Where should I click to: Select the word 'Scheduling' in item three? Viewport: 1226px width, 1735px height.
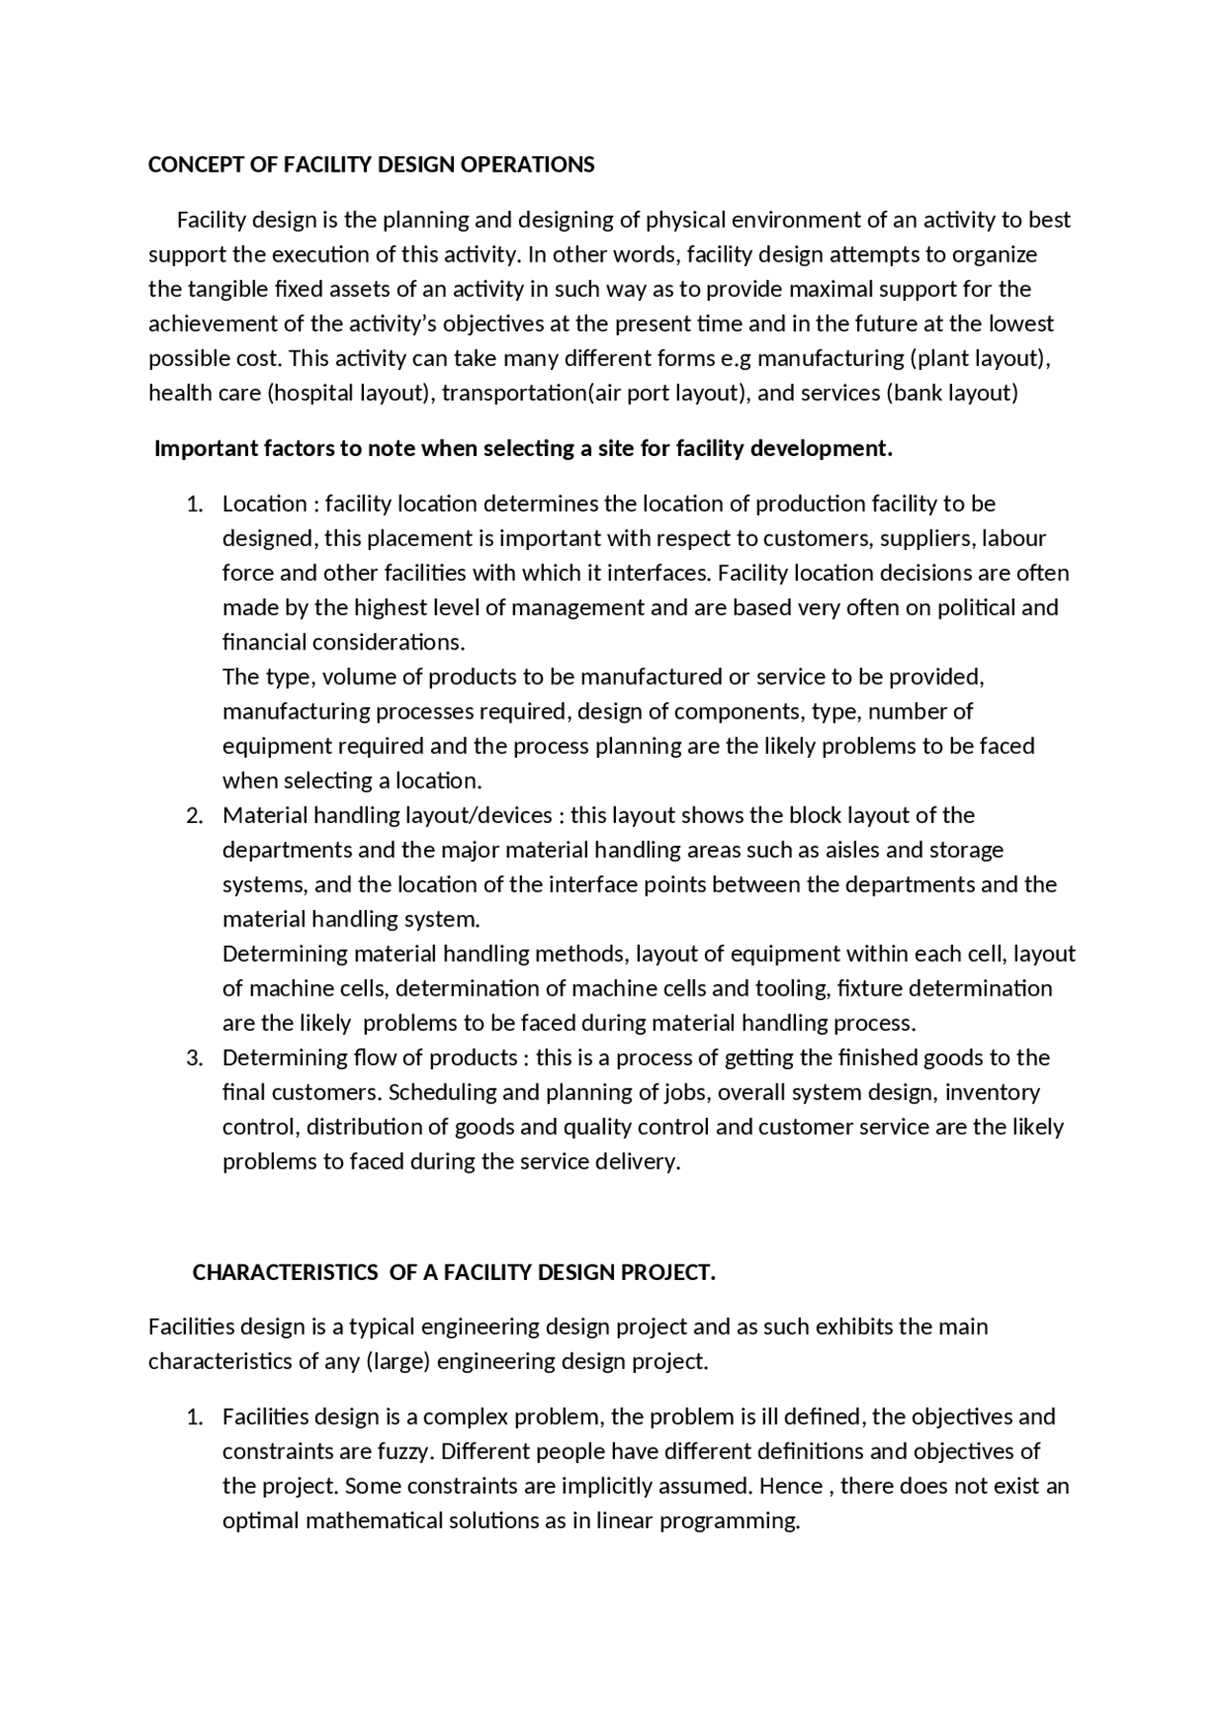click(441, 1092)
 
